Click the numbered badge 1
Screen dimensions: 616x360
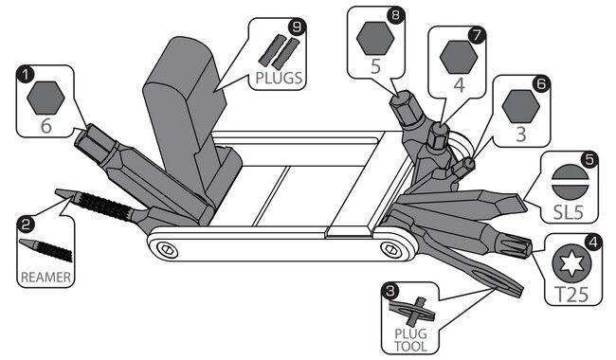[x=26, y=74]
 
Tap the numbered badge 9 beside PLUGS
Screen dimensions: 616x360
[x=297, y=27]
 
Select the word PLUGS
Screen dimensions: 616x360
[x=279, y=78]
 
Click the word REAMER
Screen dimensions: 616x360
[x=46, y=278]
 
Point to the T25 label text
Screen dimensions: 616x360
[x=571, y=294]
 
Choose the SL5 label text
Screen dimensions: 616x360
[x=568, y=212]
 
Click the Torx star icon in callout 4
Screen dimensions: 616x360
[x=571, y=263]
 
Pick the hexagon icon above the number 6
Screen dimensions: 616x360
[x=46, y=99]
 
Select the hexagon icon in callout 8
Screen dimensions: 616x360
[x=375, y=38]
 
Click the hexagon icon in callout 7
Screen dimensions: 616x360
[x=459, y=57]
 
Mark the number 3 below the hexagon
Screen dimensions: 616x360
[x=521, y=135]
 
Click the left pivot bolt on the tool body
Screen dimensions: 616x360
[x=167, y=249]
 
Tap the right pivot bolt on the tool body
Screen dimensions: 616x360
[x=390, y=248]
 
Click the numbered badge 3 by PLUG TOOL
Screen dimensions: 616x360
[x=390, y=291]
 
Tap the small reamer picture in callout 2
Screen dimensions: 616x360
[x=45, y=250]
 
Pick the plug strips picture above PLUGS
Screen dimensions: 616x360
[x=279, y=51]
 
